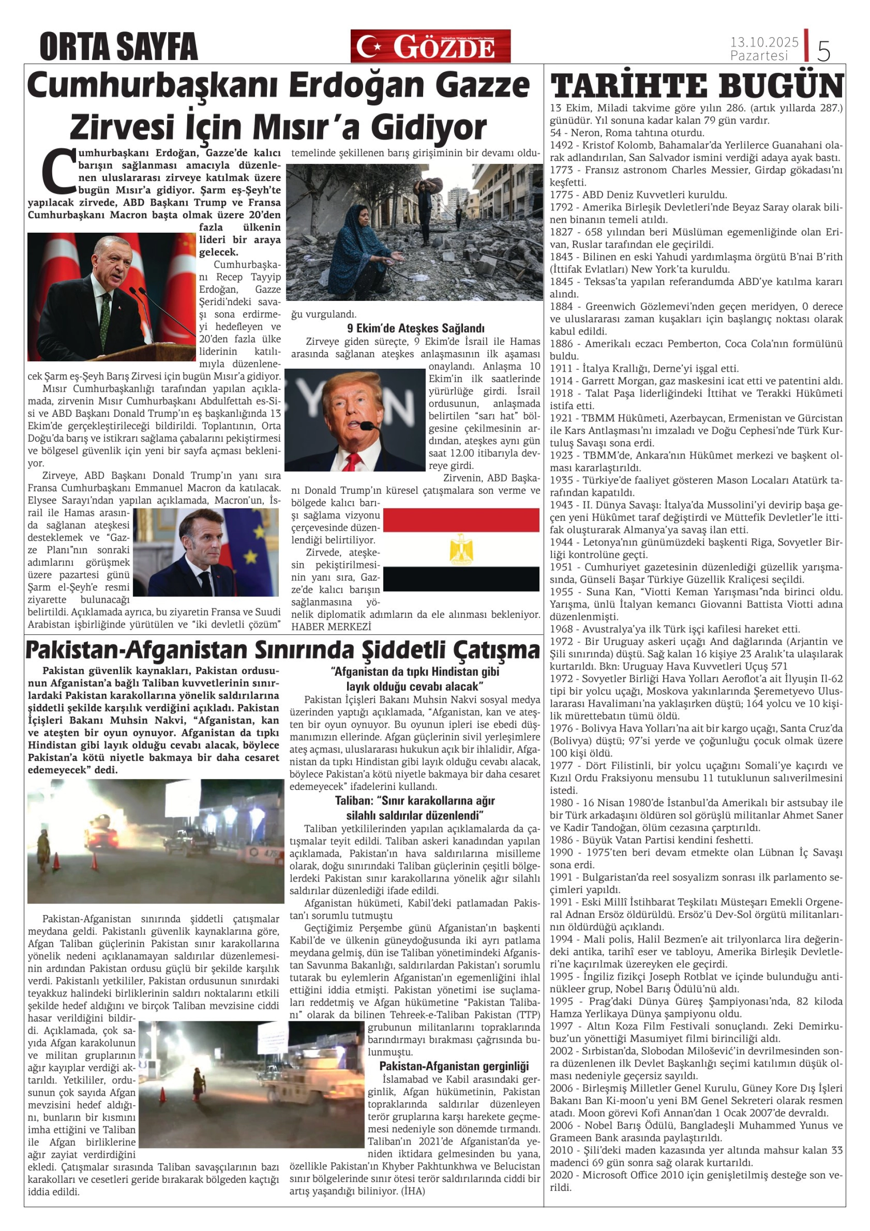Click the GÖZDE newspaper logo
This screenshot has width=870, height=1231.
point(430,47)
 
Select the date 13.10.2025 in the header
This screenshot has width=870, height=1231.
point(764,42)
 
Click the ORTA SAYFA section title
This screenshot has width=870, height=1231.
point(119,47)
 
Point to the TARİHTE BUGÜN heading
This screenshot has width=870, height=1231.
point(697,86)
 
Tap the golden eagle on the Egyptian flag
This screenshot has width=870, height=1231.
point(461,550)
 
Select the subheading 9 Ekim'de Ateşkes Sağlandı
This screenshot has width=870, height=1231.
point(415,328)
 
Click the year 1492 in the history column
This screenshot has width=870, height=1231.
point(561,145)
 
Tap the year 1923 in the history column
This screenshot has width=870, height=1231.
point(561,455)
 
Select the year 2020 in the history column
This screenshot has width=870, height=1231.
point(561,1175)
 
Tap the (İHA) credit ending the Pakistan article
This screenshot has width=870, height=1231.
point(413,1191)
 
